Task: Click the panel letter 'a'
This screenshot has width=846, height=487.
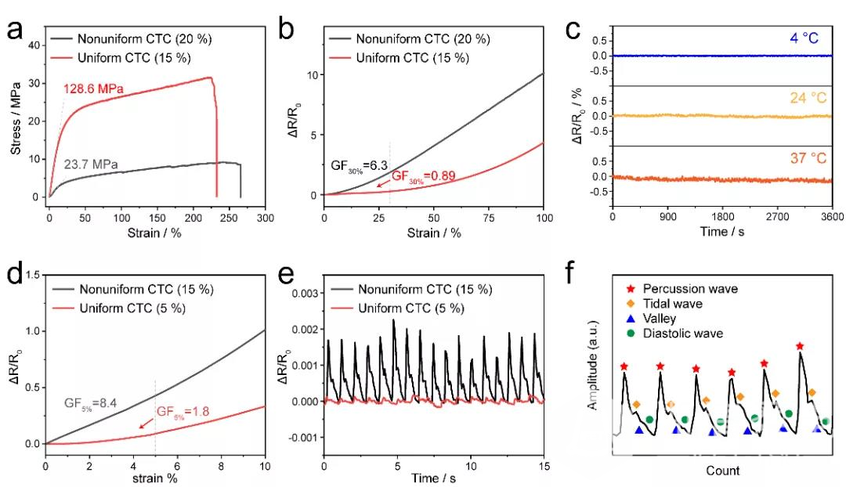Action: pyautogui.click(x=14, y=30)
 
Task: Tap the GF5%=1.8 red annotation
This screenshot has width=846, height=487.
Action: pyautogui.click(x=183, y=412)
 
